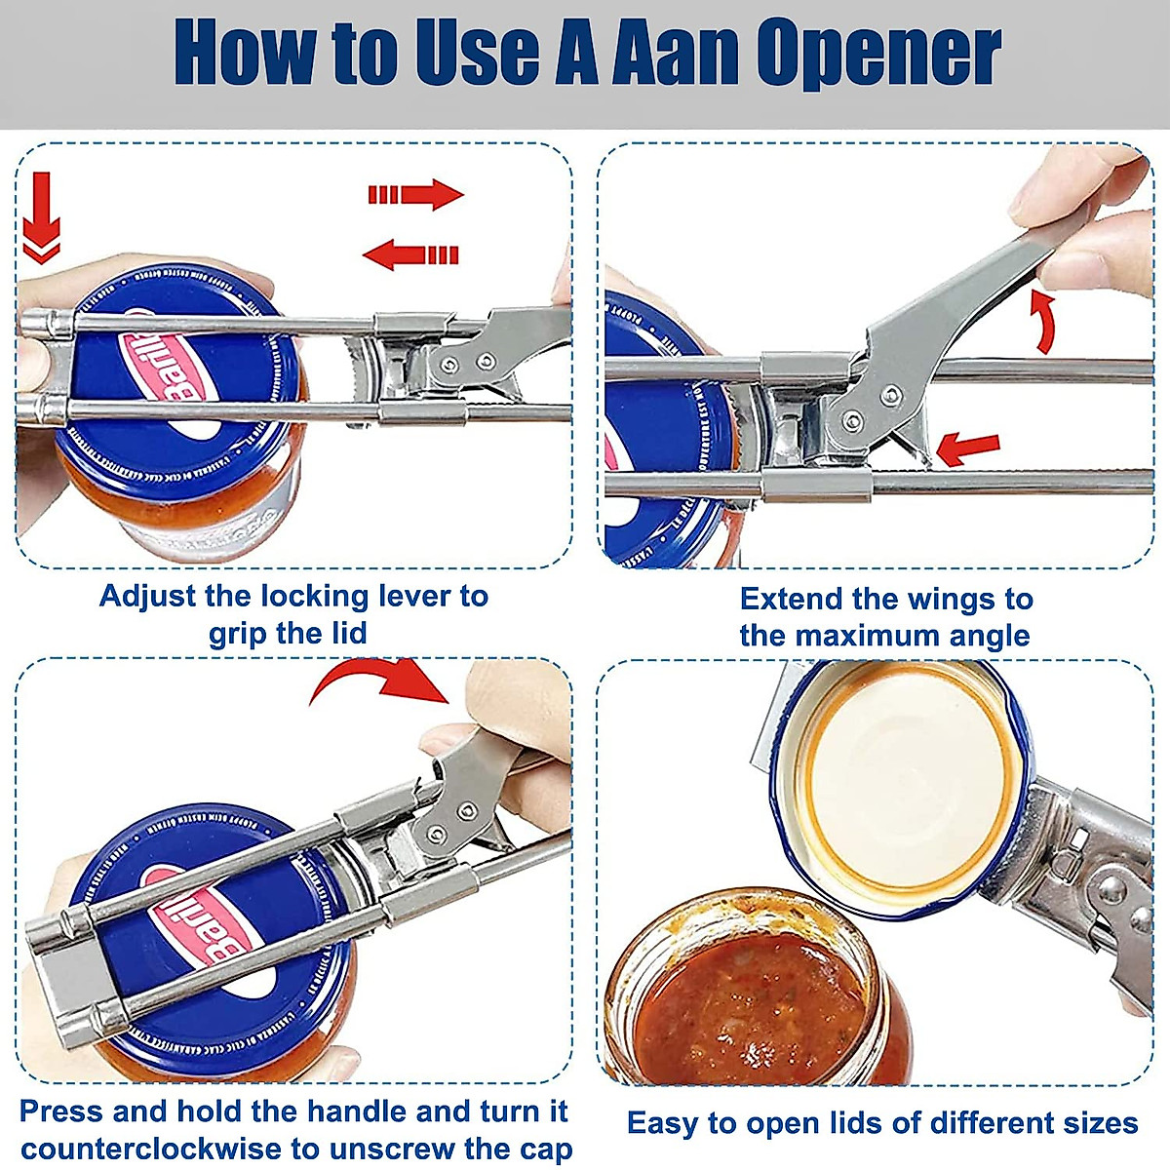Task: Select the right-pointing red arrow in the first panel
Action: coord(415,194)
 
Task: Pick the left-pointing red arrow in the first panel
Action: coord(410,255)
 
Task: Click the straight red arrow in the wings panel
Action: coord(968,449)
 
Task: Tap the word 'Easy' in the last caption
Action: coord(661,1123)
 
